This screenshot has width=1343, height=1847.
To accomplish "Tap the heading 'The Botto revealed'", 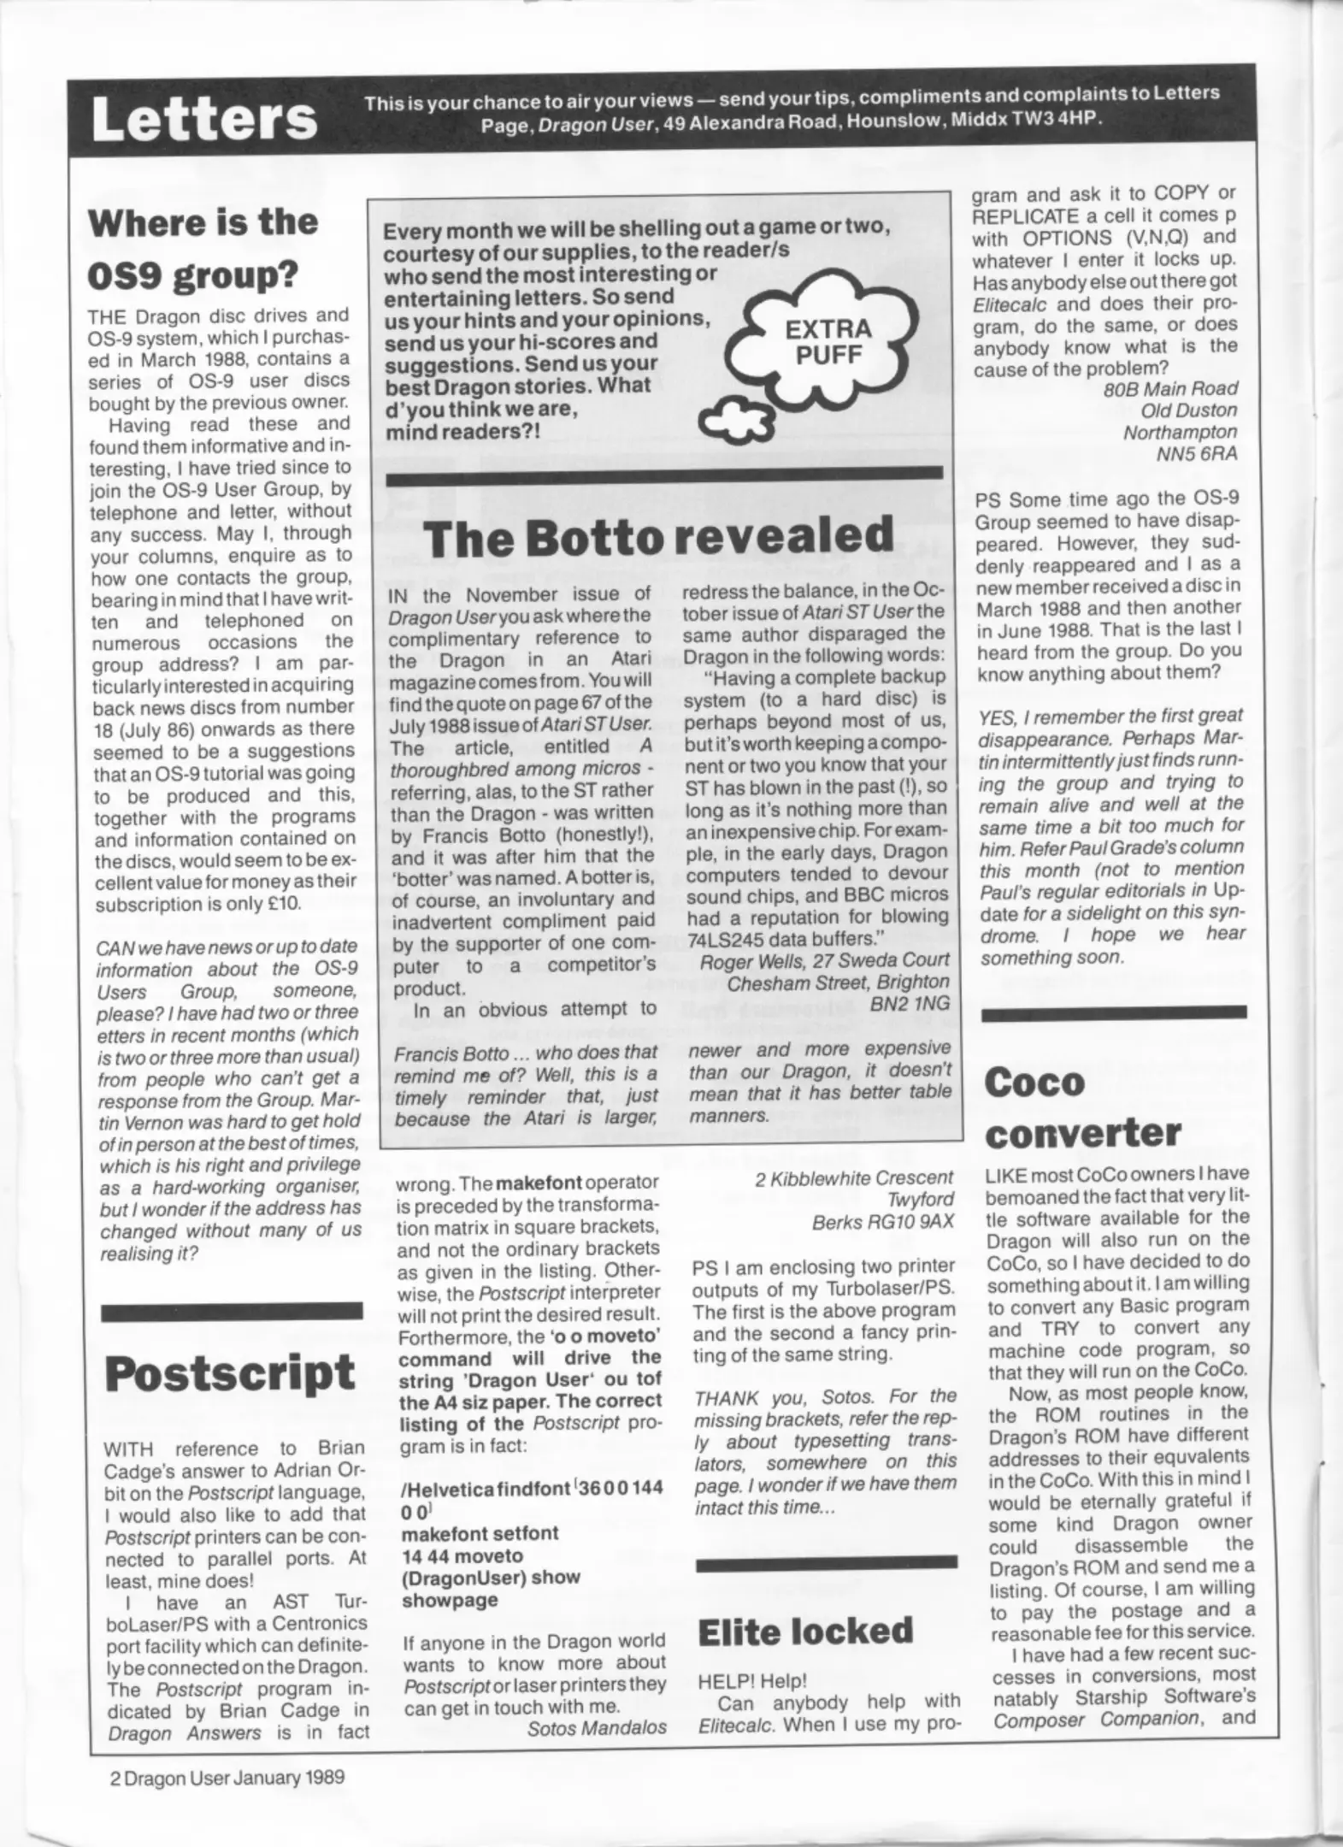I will pyautogui.click(x=658, y=537).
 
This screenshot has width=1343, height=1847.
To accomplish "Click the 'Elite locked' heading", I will pyautogui.click(x=805, y=1631).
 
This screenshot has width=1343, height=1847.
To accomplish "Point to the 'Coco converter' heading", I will pyautogui.click(x=1082, y=1108).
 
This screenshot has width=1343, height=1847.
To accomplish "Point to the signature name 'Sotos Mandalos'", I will pyautogui.click(x=597, y=1728).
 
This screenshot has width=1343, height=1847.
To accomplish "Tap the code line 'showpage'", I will pyautogui.click(x=450, y=1600).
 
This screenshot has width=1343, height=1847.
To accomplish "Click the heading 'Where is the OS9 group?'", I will pyautogui.click(x=203, y=249).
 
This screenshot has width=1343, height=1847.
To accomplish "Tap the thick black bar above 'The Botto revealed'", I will pyautogui.click(x=664, y=472).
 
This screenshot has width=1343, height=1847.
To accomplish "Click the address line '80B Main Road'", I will pyautogui.click(x=1170, y=389).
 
